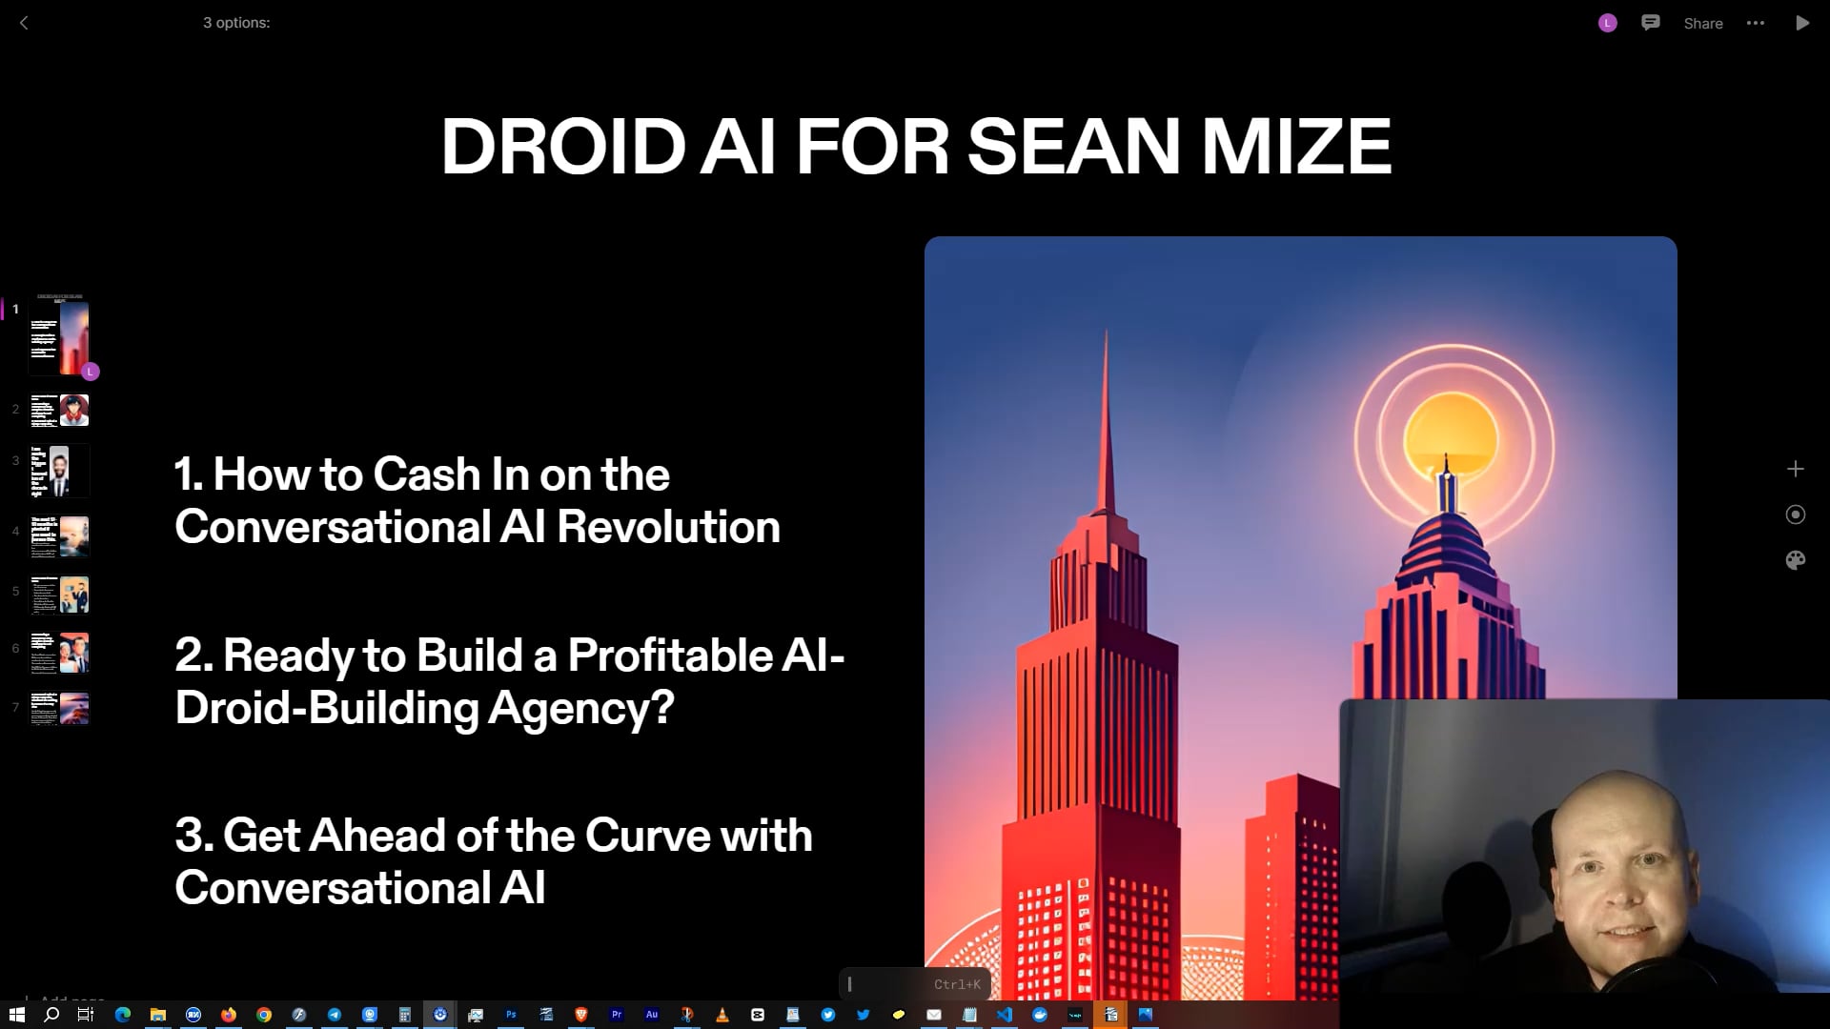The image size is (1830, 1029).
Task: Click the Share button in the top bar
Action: coord(1702,24)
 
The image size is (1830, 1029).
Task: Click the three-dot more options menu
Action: coord(1756,23)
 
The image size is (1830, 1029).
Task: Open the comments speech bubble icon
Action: coord(1651,23)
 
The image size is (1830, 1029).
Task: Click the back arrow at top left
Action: coord(25,23)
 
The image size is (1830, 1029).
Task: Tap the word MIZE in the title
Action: coord(1295,147)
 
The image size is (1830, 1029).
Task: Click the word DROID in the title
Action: coord(562,147)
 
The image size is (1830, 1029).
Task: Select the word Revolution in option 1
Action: coord(668,527)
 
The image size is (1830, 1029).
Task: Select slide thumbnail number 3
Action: coord(59,471)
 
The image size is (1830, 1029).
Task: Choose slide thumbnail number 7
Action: coord(59,709)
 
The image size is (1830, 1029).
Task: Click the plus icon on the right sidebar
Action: coord(1796,469)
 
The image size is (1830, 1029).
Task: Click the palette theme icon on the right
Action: coord(1796,560)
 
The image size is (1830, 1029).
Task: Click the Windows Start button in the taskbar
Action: coord(16,1015)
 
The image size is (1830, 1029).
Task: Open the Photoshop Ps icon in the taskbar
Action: coord(511,1015)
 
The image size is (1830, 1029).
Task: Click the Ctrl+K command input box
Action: coord(914,984)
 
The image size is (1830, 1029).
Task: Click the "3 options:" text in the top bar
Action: coord(236,23)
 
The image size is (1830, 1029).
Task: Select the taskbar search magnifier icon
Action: coord(51,1015)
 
